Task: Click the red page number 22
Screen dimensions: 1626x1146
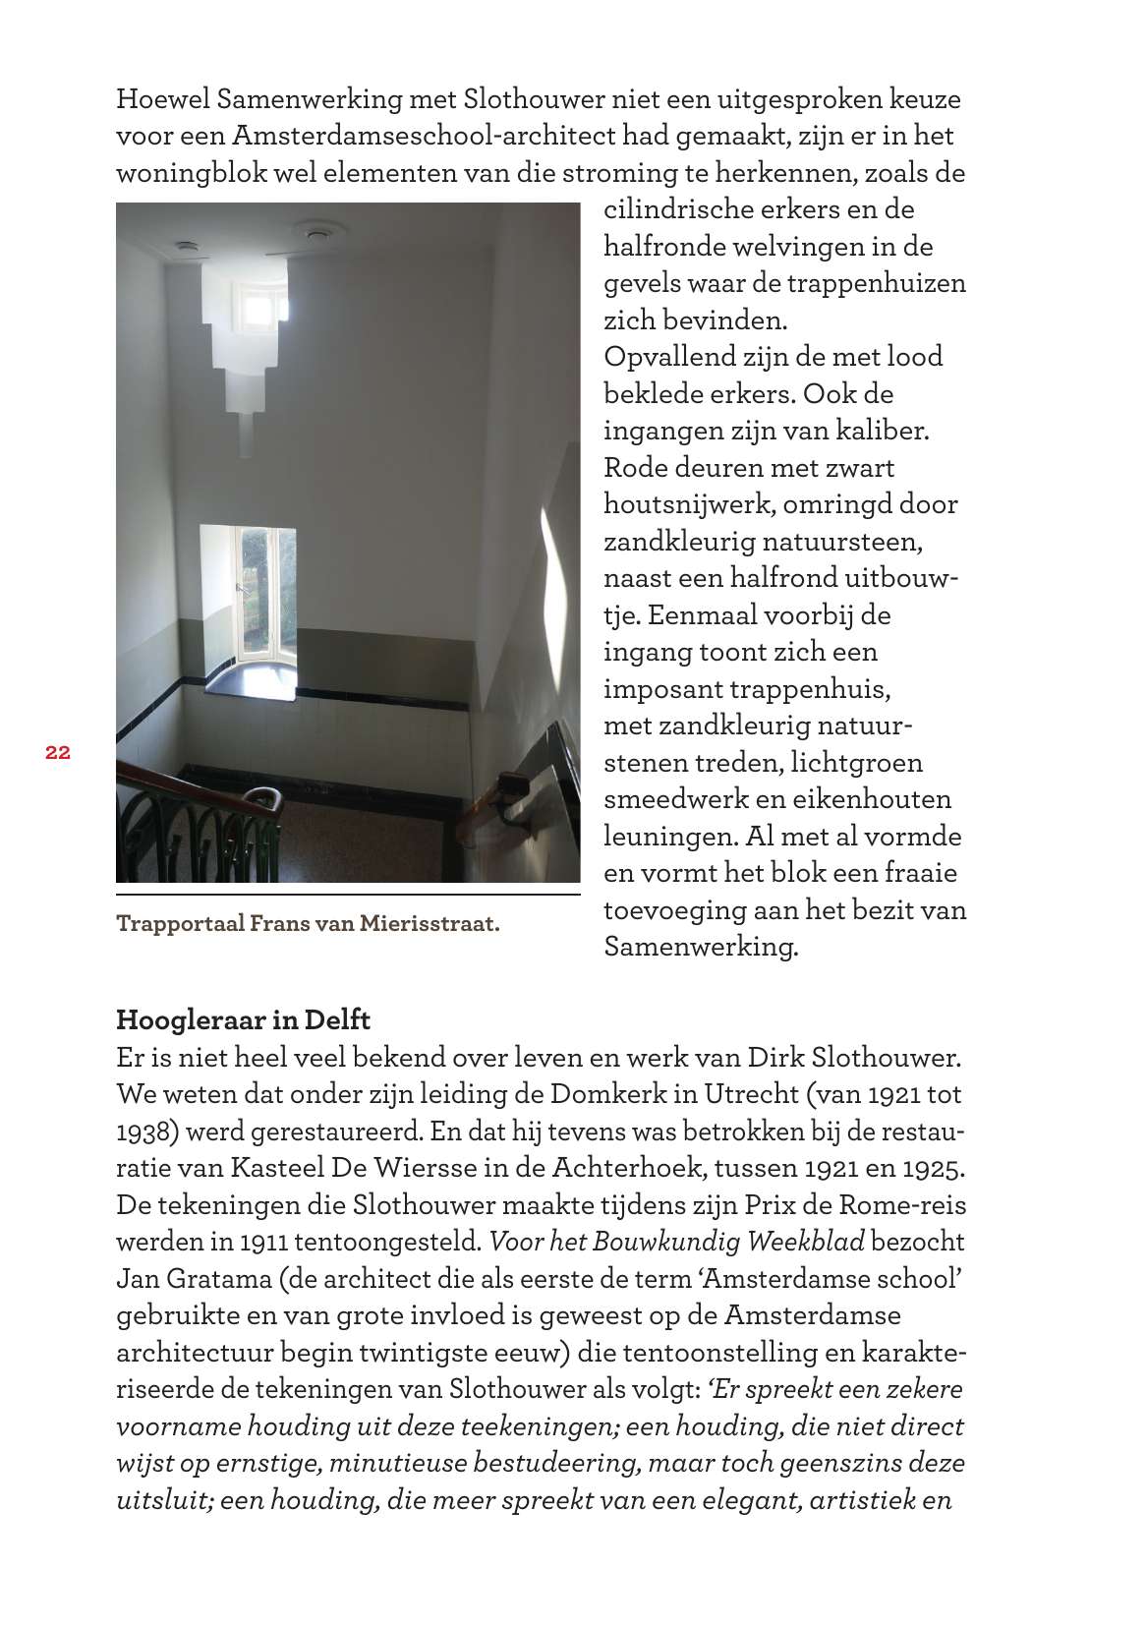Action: coord(57,753)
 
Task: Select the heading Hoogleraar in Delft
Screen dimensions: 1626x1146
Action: coord(243,1017)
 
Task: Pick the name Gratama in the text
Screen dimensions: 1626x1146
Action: coord(203,1279)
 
